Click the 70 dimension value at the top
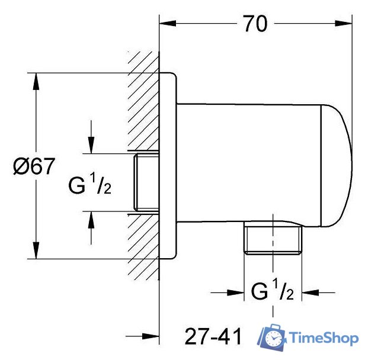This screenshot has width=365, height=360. pyautogui.click(x=254, y=24)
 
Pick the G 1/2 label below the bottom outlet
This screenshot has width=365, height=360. pyautogui.click(x=272, y=292)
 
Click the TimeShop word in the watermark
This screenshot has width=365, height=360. pyautogui.click(x=323, y=338)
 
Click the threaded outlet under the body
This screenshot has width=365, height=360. pyautogui.click(x=273, y=239)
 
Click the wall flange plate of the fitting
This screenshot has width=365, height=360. pyautogui.click(x=169, y=166)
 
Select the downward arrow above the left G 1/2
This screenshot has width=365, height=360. pyautogui.click(x=91, y=146)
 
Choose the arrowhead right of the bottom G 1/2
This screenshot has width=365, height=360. pyautogui.click(x=310, y=292)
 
